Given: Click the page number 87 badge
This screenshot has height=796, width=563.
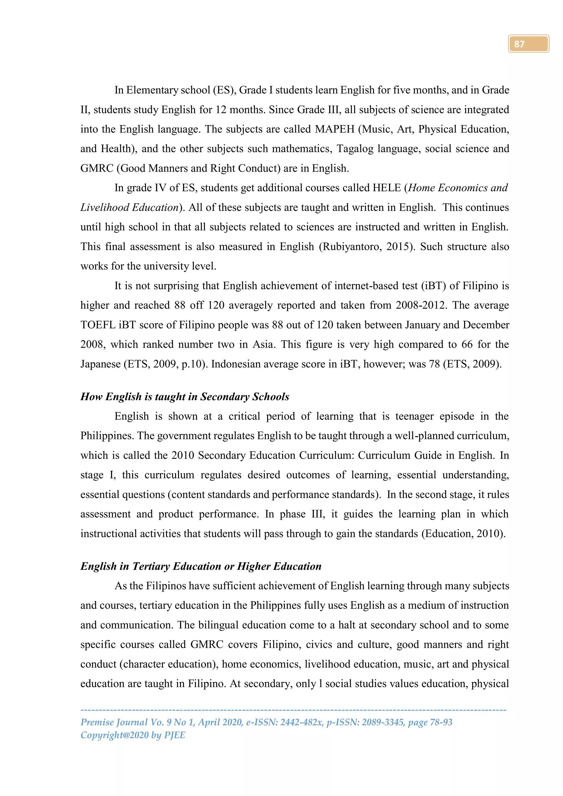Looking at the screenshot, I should pos(528,44).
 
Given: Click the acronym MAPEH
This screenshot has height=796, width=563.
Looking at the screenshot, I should pos(335,129).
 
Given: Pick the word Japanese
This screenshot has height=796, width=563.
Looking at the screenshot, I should pos(101,364).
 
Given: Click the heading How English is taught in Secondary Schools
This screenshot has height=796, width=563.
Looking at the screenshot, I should pos(185,397).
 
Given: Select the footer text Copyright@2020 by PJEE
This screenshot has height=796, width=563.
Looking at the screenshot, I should pos(133,735).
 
